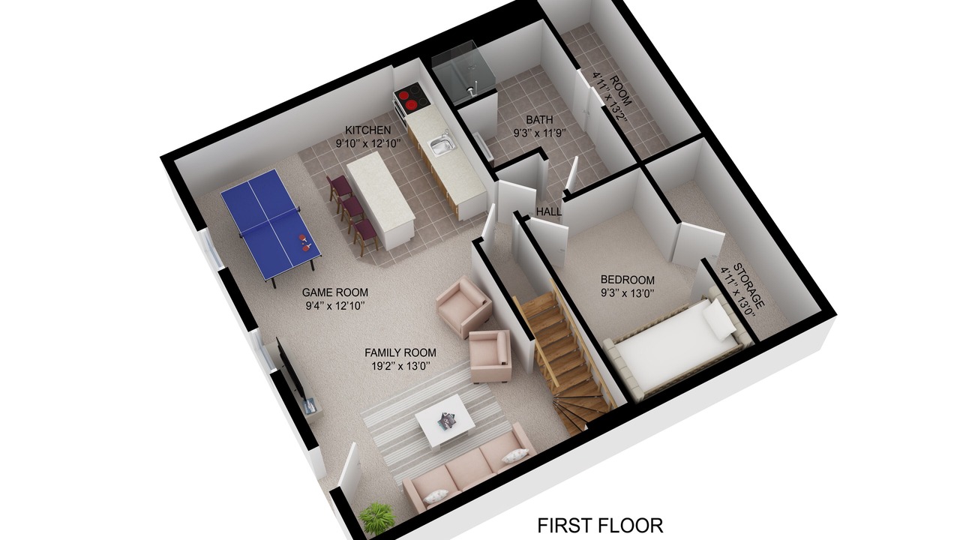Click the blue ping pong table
(271, 223)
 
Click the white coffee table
(445, 421)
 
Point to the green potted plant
(377, 517)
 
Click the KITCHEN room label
(368, 130)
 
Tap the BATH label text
(539, 119)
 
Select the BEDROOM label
(628, 280)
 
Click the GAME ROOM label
(334, 292)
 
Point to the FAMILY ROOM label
(400, 352)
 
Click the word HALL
(549, 211)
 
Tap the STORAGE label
(748, 286)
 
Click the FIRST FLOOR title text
(600, 525)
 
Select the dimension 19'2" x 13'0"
(400, 366)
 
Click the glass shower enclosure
(463, 73)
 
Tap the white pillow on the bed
(719, 319)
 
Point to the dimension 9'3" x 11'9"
(539, 133)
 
